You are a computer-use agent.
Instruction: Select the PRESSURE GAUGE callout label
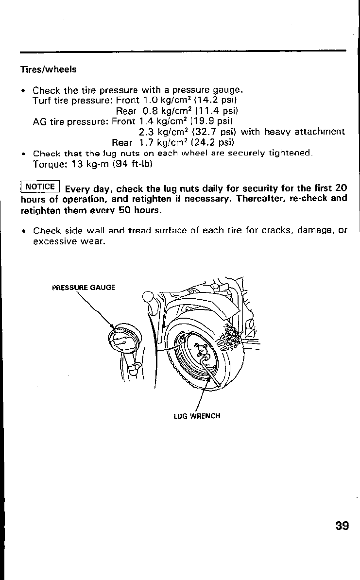click(83, 287)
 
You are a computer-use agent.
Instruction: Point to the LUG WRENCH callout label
click(197, 416)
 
